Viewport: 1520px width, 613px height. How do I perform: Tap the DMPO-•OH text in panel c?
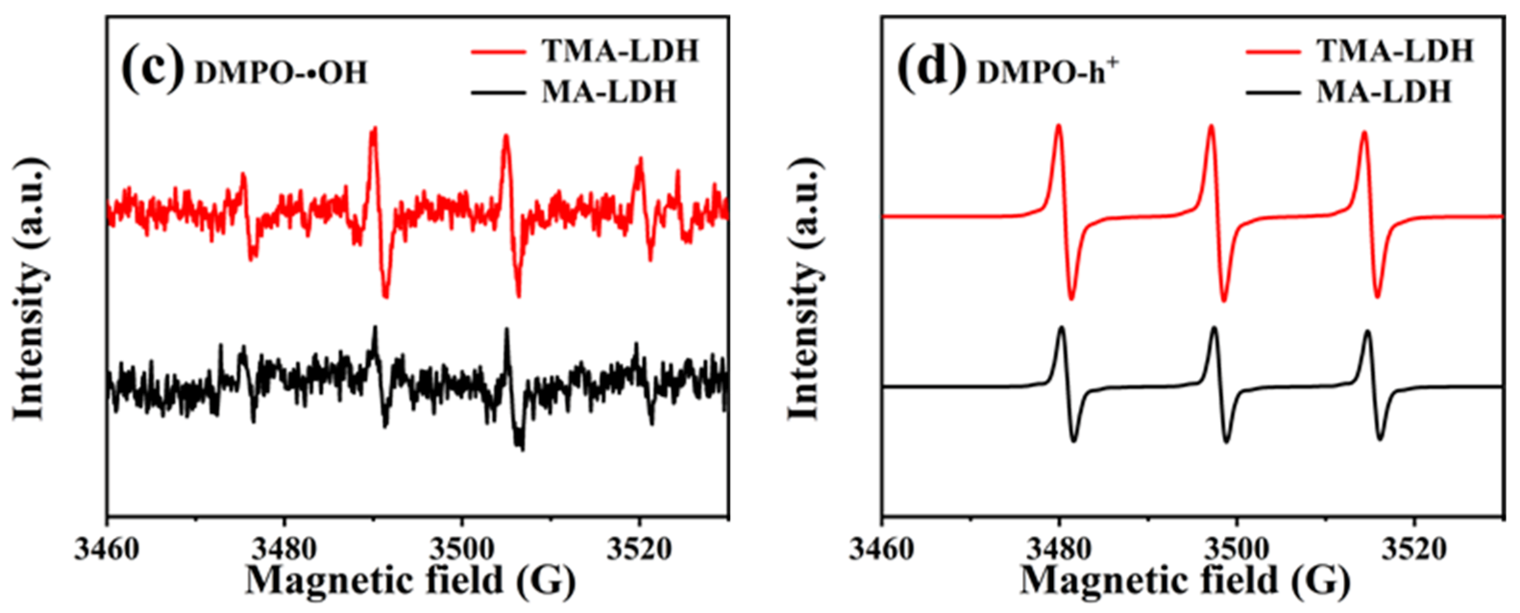(x=282, y=73)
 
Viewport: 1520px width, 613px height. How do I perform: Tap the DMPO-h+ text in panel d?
(x=1048, y=72)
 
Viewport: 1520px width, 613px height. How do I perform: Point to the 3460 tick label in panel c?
(x=108, y=551)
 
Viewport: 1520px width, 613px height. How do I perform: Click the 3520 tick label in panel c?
(x=640, y=551)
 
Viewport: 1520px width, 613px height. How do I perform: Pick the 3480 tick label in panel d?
(x=1059, y=551)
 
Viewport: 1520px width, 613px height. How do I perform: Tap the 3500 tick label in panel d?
(x=1237, y=551)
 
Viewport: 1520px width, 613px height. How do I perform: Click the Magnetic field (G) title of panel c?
(x=410, y=580)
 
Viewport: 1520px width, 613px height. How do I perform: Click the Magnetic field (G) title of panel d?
(x=1185, y=580)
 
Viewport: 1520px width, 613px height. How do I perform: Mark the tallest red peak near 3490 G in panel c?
(x=374, y=129)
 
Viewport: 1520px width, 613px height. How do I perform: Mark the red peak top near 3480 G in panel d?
(x=1058, y=125)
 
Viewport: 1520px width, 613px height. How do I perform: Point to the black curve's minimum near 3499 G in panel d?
(x=1227, y=441)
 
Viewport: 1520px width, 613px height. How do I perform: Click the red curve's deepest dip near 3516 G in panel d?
(x=1378, y=296)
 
